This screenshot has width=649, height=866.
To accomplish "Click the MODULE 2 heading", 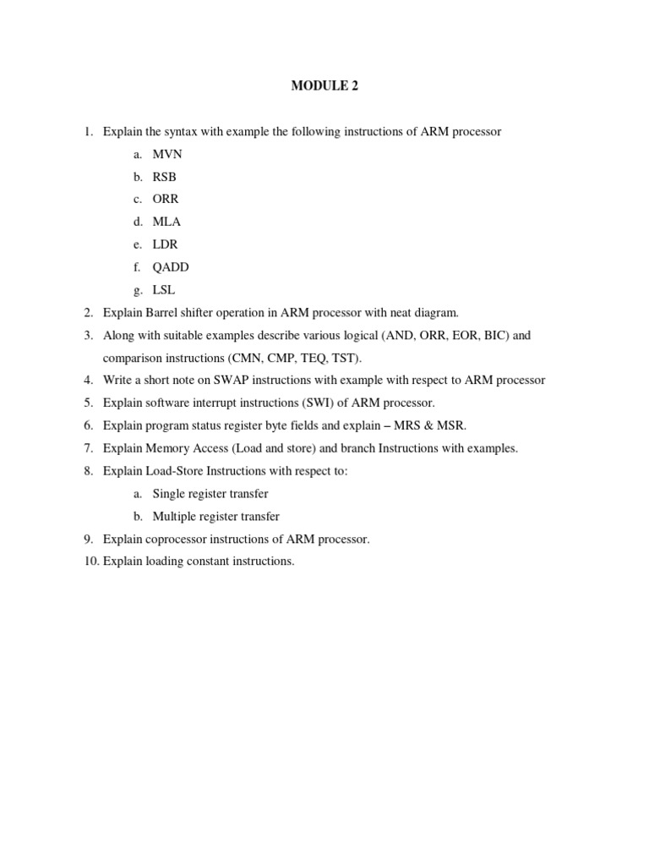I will point(324,86).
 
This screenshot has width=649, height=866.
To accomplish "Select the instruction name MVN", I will point(167,154).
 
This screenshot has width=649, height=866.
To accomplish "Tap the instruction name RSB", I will point(165,177).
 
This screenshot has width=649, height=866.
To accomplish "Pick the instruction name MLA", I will point(166,222).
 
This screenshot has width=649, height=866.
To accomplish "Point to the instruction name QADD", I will point(171,267).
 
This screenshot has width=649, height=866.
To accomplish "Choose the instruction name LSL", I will point(164,290).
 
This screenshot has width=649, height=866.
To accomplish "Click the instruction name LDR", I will point(166,244).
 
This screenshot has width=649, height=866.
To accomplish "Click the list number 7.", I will point(88,448).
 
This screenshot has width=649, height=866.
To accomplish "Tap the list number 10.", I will point(91,562).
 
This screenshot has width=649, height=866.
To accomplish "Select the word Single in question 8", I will point(169,494).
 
